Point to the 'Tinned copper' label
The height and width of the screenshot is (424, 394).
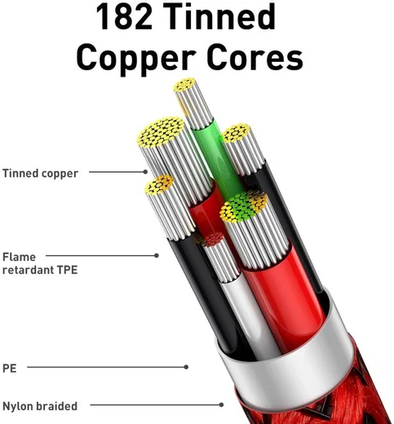coord(40,174)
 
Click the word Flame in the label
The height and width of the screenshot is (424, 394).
coord(19,257)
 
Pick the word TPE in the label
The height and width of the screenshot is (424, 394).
coord(67,270)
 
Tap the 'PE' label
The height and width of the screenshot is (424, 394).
coord(10,369)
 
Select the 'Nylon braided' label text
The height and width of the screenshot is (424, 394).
coord(40,406)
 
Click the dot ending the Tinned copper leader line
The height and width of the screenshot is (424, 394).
coord(145,172)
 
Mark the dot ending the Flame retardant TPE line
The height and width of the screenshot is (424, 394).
coord(157,255)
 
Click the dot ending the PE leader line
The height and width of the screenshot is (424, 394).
coord(186,367)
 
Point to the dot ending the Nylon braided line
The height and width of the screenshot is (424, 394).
coord(221,404)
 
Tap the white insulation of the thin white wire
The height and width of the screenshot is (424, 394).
coord(245,307)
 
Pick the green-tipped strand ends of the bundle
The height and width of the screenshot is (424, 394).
coord(239,206)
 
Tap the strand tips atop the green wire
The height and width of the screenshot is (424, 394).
coord(185,84)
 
